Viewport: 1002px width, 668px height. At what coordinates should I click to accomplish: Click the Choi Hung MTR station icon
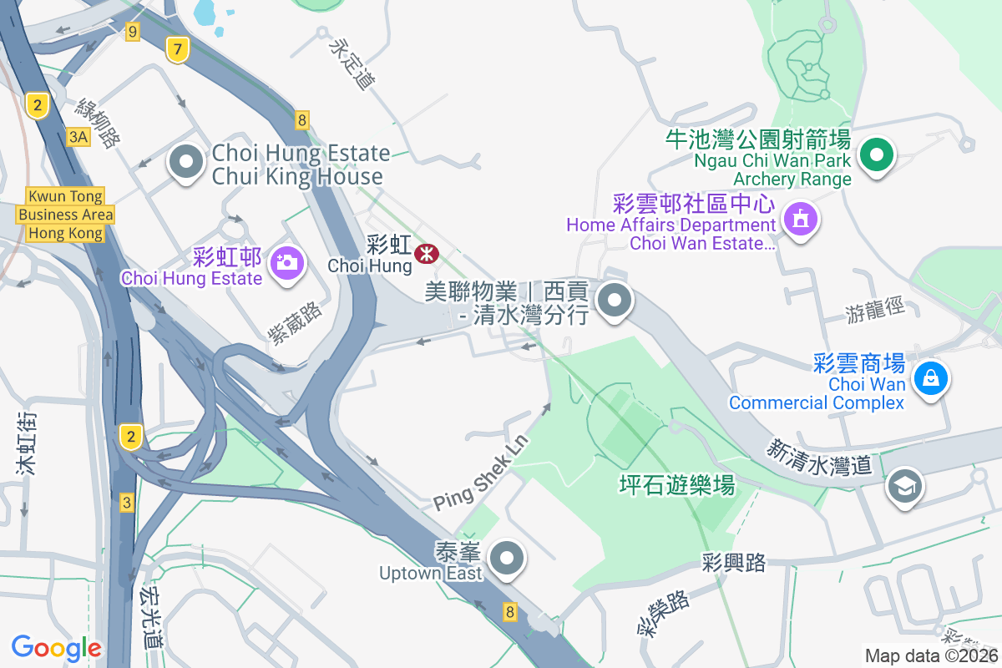tap(428, 253)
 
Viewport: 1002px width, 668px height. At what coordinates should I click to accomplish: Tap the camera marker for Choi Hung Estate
tap(286, 261)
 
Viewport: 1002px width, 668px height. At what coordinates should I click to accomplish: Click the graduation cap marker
tap(905, 485)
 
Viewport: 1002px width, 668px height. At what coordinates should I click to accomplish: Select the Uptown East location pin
tap(506, 557)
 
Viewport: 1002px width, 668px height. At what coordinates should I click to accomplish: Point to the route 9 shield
tap(132, 32)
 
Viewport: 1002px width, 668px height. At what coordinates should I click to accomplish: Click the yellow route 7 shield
tap(176, 49)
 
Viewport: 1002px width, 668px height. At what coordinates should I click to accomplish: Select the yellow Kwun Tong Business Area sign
tap(65, 215)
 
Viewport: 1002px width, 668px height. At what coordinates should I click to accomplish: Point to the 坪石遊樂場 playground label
tap(676, 484)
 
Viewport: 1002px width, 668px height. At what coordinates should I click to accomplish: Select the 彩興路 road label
tap(734, 563)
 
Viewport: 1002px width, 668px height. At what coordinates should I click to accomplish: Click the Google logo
tap(56, 647)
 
